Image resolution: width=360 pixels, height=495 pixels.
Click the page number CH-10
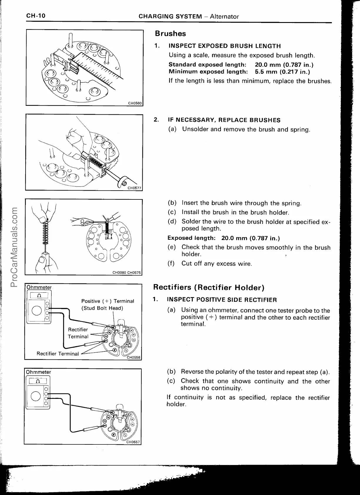tap(36, 16)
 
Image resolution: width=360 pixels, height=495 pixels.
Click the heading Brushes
tap(170, 34)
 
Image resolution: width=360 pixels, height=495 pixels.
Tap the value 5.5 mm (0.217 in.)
tap(282, 71)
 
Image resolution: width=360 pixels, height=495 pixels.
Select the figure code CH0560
tap(135, 103)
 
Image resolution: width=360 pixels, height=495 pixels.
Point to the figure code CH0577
tap(134, 188)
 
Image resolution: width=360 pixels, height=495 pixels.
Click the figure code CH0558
tap(134, 358)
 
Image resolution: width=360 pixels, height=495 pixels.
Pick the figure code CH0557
tap(133, 442)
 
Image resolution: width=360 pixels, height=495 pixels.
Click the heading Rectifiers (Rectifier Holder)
tap(209, 287)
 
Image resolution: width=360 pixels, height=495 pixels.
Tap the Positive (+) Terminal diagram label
tap(108, 301)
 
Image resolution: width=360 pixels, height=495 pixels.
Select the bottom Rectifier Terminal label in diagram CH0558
tap(58, 354)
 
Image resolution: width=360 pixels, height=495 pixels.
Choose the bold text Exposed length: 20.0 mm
tap(224, 238)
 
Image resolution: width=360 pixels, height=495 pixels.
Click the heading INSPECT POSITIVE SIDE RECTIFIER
tap(222, 300)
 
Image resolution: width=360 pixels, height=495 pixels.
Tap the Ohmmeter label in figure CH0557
tap(39, 372)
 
